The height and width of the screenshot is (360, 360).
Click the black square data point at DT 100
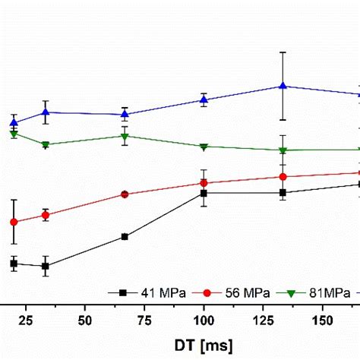pos(204,193)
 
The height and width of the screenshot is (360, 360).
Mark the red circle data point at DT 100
pos(204,182)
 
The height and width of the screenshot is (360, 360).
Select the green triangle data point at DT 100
pos(204,147)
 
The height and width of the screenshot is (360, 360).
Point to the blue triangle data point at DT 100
pos(204,99)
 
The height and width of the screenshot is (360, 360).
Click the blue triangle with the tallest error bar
pos(283,86)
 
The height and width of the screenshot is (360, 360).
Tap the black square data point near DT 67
pos(125,236)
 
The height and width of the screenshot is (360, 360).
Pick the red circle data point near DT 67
pos(125,194)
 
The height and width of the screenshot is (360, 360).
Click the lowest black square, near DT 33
pos(46,266)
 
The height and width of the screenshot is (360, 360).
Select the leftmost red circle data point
pos(14,222)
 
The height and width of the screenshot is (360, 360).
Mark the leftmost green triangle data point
pos(14,134)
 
